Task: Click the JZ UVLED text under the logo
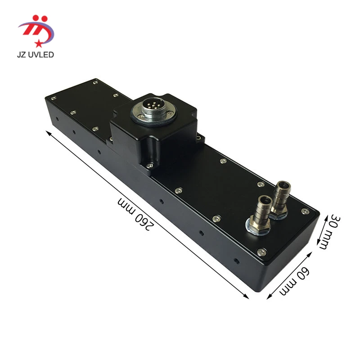(36, 54)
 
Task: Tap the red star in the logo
(38, 43)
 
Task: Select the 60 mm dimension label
(294, 281)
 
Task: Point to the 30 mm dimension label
(329, 231)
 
